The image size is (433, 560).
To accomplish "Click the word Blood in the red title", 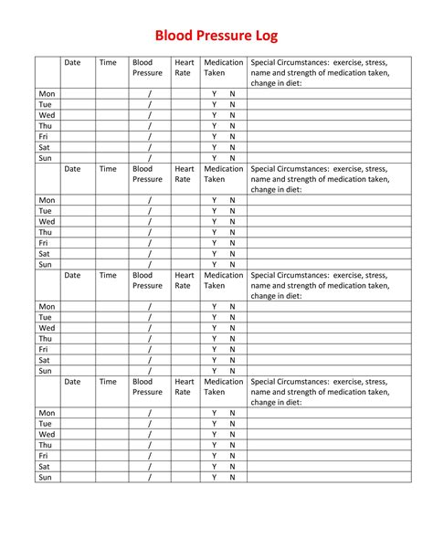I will tap(174, 36).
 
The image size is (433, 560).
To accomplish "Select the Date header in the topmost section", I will tap(72, 63).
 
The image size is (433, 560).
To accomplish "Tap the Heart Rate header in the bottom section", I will tap(184, 386).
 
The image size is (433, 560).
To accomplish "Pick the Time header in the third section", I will tap(108, 275).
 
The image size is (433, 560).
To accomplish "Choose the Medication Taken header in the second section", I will tap(223, 174).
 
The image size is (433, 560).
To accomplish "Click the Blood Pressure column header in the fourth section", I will tap(147, 386).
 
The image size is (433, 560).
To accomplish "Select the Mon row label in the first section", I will tap(47, 94).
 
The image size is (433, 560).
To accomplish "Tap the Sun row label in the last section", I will tap(46, 477).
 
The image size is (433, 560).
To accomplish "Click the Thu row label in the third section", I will tap(46, 339).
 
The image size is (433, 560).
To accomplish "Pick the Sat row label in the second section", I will tap(46, 254).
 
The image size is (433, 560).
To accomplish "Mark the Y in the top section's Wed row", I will tap(215, 116).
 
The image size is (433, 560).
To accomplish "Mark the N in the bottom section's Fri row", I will tap(232, 455).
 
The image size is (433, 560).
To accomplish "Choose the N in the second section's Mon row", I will tap(232, 200).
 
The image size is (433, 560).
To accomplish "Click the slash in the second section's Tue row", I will tap(149, 211).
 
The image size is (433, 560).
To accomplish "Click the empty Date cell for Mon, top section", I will tap(78, 94).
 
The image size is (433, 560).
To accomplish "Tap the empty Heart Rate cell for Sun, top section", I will tap(184, 158).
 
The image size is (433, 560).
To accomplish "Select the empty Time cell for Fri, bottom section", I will tap(111, 455).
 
